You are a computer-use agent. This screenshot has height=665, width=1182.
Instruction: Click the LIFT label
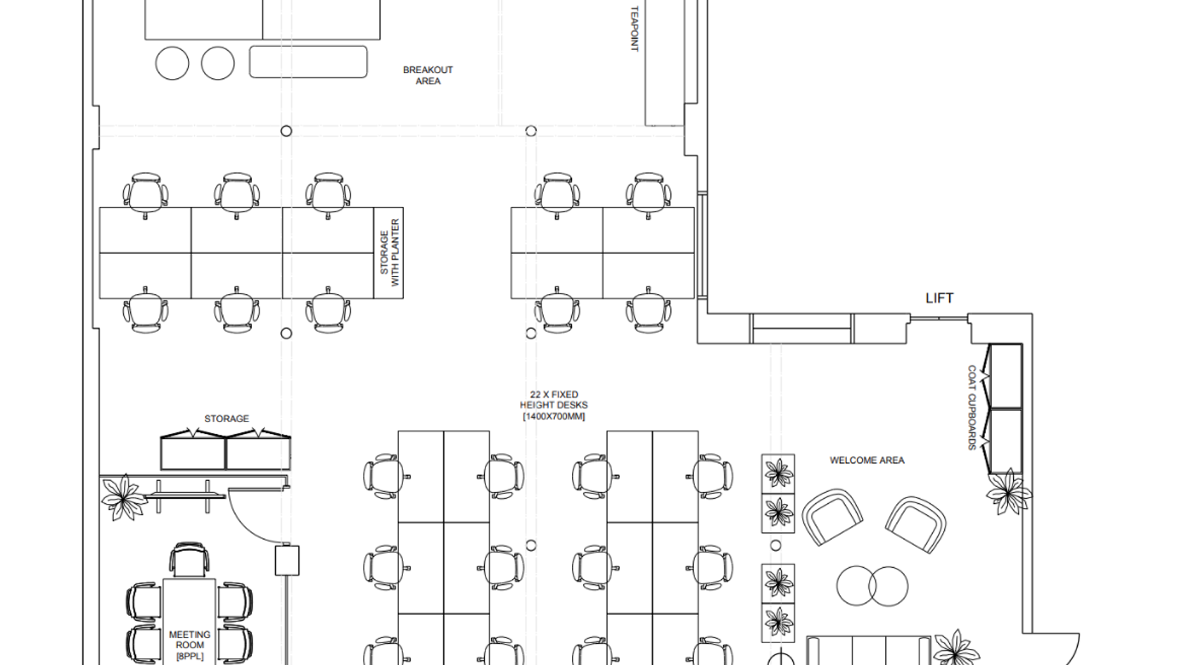[x=939, y=298]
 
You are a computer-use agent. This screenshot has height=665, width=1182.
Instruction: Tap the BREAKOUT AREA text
[x=428, y=75]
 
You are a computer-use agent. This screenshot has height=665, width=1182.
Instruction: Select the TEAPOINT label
[x=635, y=28]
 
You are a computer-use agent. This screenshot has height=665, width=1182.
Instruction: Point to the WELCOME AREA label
[x=867, y=460]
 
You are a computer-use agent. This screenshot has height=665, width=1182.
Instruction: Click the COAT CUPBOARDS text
[x=972, y=407]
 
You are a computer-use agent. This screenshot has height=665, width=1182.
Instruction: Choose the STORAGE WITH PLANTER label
[x=390, y=253]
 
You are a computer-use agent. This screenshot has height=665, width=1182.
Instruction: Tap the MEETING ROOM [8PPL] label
[x=189, y=645]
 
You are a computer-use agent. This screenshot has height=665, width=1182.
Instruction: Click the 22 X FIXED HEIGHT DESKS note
[x=554, y=405]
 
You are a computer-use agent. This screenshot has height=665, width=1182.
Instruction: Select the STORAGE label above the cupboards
[x=227, y=419]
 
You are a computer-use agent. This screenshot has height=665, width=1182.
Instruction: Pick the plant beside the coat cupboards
[x=1008, y=492]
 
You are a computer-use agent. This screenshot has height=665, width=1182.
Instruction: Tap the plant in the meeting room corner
[x=124, y=497]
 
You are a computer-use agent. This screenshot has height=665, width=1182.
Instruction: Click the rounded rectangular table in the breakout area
[x=308, y=62]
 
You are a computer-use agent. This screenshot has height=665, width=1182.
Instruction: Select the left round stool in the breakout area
[x=172, y=63]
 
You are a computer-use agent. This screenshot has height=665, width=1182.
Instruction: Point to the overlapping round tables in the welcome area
[x=872, y=585]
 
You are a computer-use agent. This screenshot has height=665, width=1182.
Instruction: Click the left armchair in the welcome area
[x=832, y=517]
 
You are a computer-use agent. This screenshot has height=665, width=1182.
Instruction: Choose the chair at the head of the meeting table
[x=189, y=559]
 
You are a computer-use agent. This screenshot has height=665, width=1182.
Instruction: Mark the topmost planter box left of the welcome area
[x=778, y=474]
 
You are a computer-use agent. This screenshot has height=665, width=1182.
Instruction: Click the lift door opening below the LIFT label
[x=939, y=318]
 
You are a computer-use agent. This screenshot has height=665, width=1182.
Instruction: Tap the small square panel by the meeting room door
[x=287, y=560]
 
